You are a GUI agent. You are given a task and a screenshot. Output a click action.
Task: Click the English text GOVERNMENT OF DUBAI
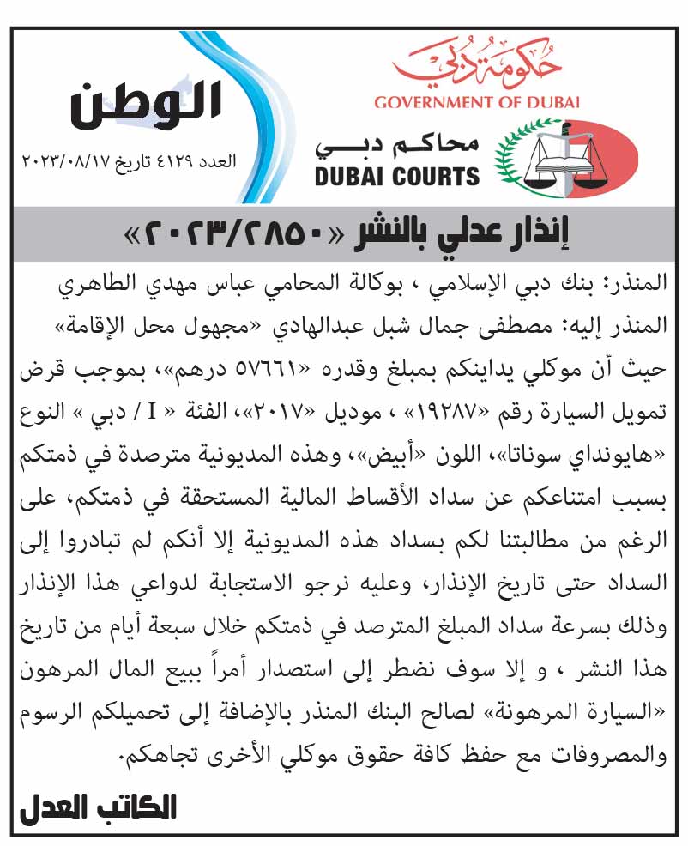pos(477,103)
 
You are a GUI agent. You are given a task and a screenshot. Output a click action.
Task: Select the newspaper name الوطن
pos(145,105)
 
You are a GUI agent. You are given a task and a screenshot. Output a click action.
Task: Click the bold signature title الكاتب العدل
pos(99,808)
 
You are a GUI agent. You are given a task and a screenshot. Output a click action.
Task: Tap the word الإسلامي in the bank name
pos(493,284)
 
